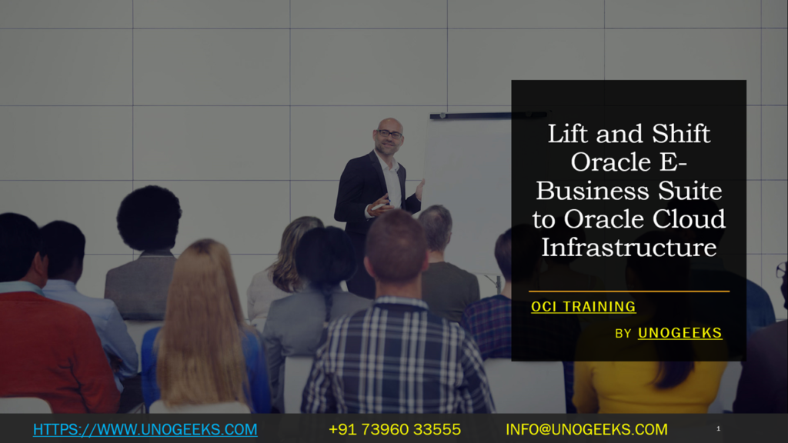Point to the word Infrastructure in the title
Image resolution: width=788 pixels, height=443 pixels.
click(629, 247)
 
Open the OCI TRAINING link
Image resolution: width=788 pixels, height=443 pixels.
click(583, 307)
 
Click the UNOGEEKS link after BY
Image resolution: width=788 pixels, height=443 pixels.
click(679, 333)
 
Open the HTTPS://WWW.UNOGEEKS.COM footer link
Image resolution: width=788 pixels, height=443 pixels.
click(145, 429)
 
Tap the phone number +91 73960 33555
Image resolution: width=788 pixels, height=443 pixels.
click(395, 429)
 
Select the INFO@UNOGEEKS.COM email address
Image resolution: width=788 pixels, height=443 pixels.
click(586, 429)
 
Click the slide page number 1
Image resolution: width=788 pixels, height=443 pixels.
click(718, 428)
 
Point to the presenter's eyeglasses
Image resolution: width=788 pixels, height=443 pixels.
click(389, 135)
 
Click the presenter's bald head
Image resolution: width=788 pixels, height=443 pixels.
click(389, 125)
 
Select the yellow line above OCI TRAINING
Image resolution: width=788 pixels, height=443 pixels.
click(629, 291)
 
